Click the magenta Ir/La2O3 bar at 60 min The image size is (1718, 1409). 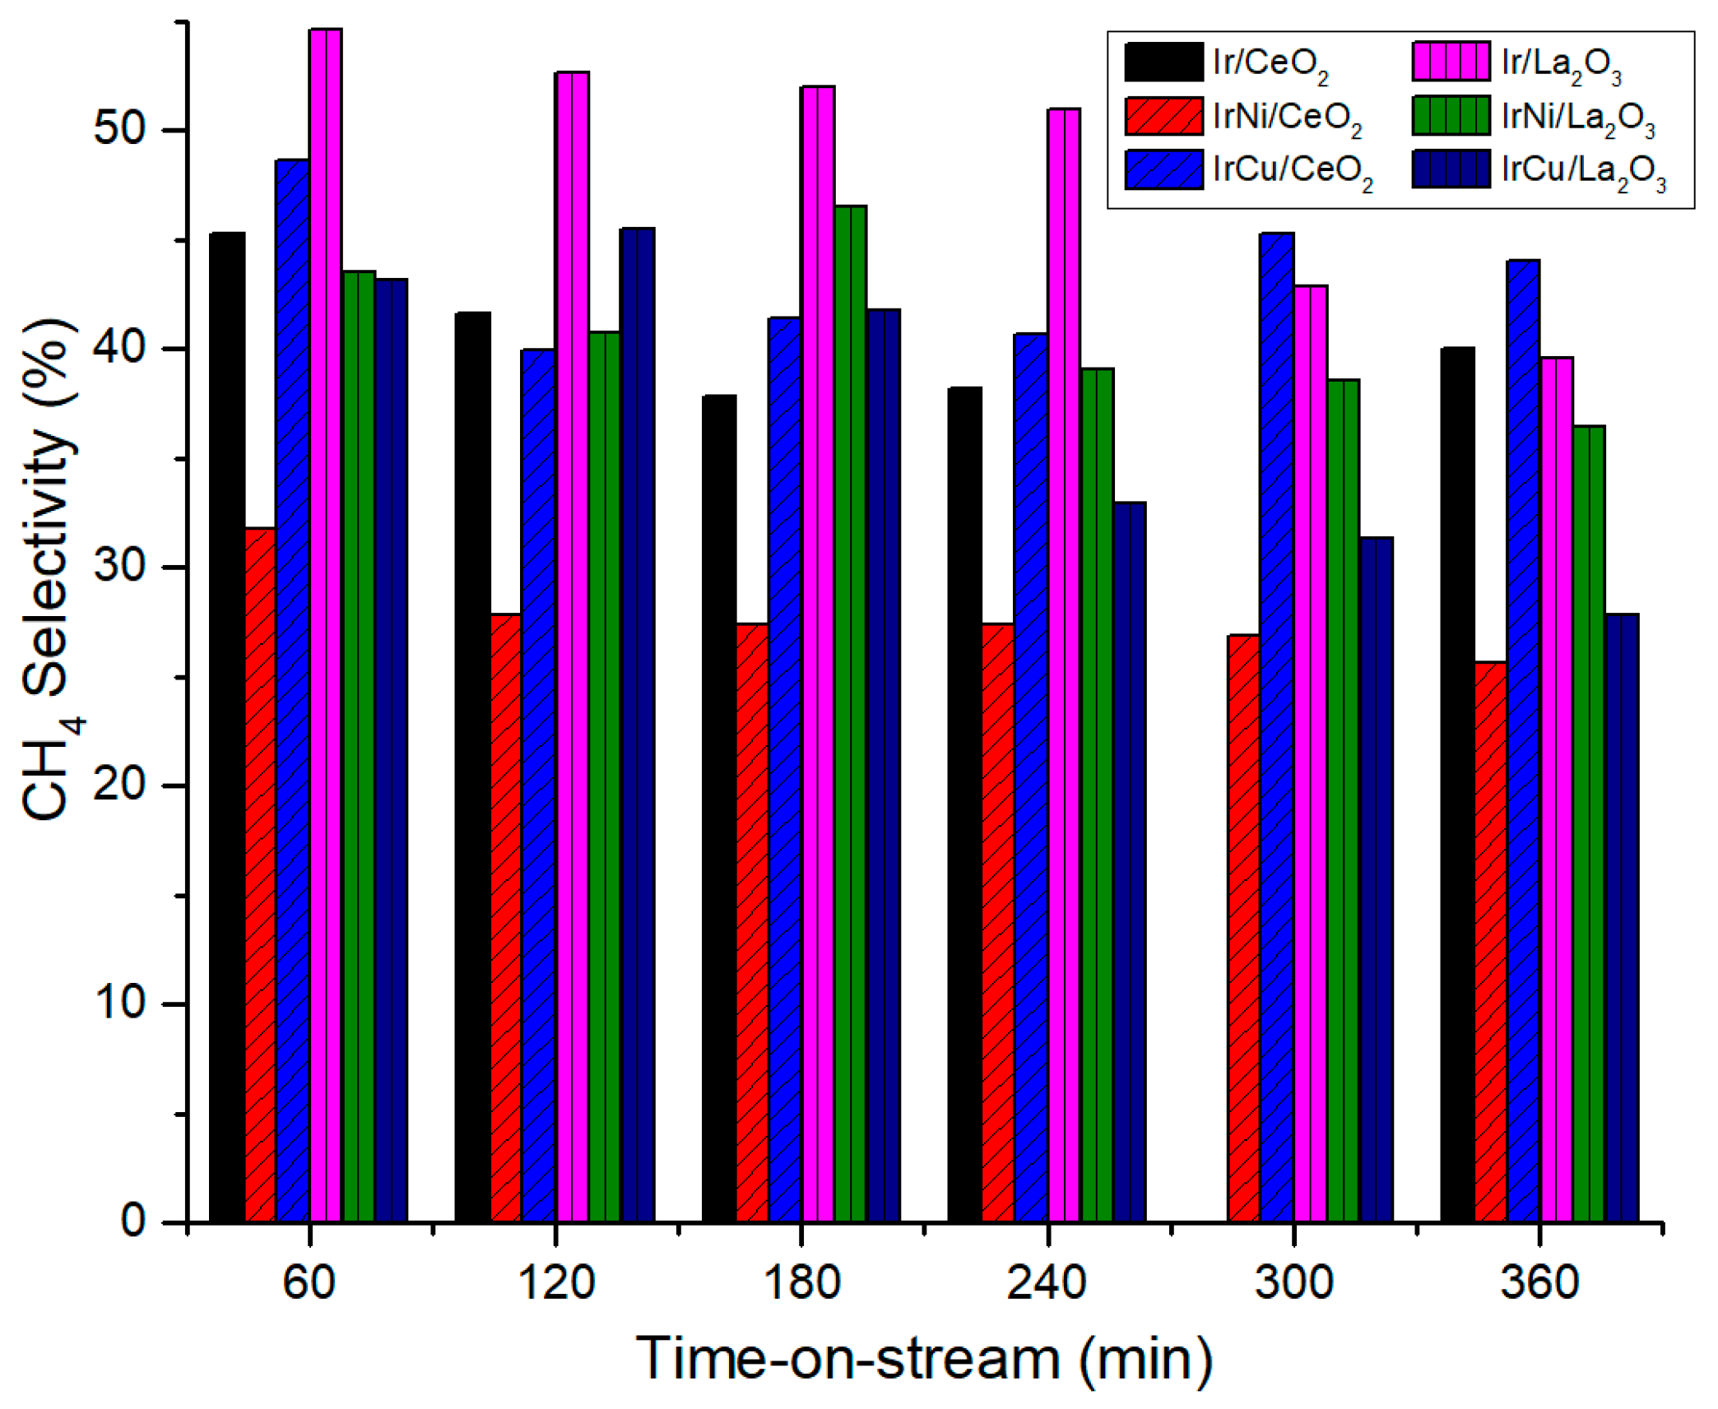point(325,625)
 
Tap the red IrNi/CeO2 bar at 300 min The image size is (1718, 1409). point(1242,929)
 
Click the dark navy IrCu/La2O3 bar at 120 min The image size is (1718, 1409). point(637,724)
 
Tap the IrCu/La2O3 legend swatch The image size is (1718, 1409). point(1451,169)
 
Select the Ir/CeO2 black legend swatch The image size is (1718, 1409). point(1163,62)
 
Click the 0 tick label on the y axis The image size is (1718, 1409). point(134,1221)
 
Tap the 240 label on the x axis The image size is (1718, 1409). point(1046,1282)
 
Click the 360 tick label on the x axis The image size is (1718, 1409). point(1539,1282)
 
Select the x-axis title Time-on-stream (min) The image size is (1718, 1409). point(924,1360)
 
